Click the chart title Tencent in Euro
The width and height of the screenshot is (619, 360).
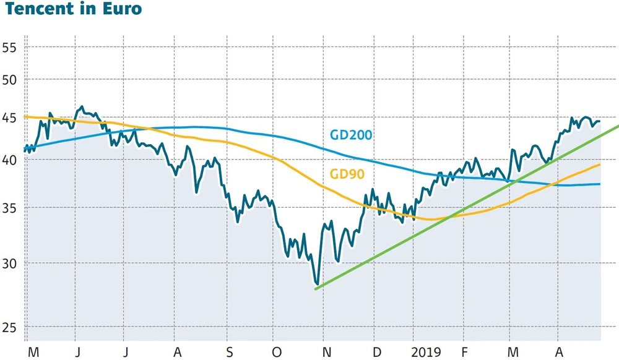[72, 9]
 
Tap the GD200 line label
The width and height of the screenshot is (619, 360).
[350, 135]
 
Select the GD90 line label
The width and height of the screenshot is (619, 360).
[347, 174]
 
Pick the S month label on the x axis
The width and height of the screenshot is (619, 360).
[229, 352]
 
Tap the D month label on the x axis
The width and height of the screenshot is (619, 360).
[377, 352]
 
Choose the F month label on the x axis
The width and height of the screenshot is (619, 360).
[465, 352]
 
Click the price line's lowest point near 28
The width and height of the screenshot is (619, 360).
[317, 283]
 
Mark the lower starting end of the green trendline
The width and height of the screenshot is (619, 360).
[316, 289]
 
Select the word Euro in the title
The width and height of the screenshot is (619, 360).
[121, 9]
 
